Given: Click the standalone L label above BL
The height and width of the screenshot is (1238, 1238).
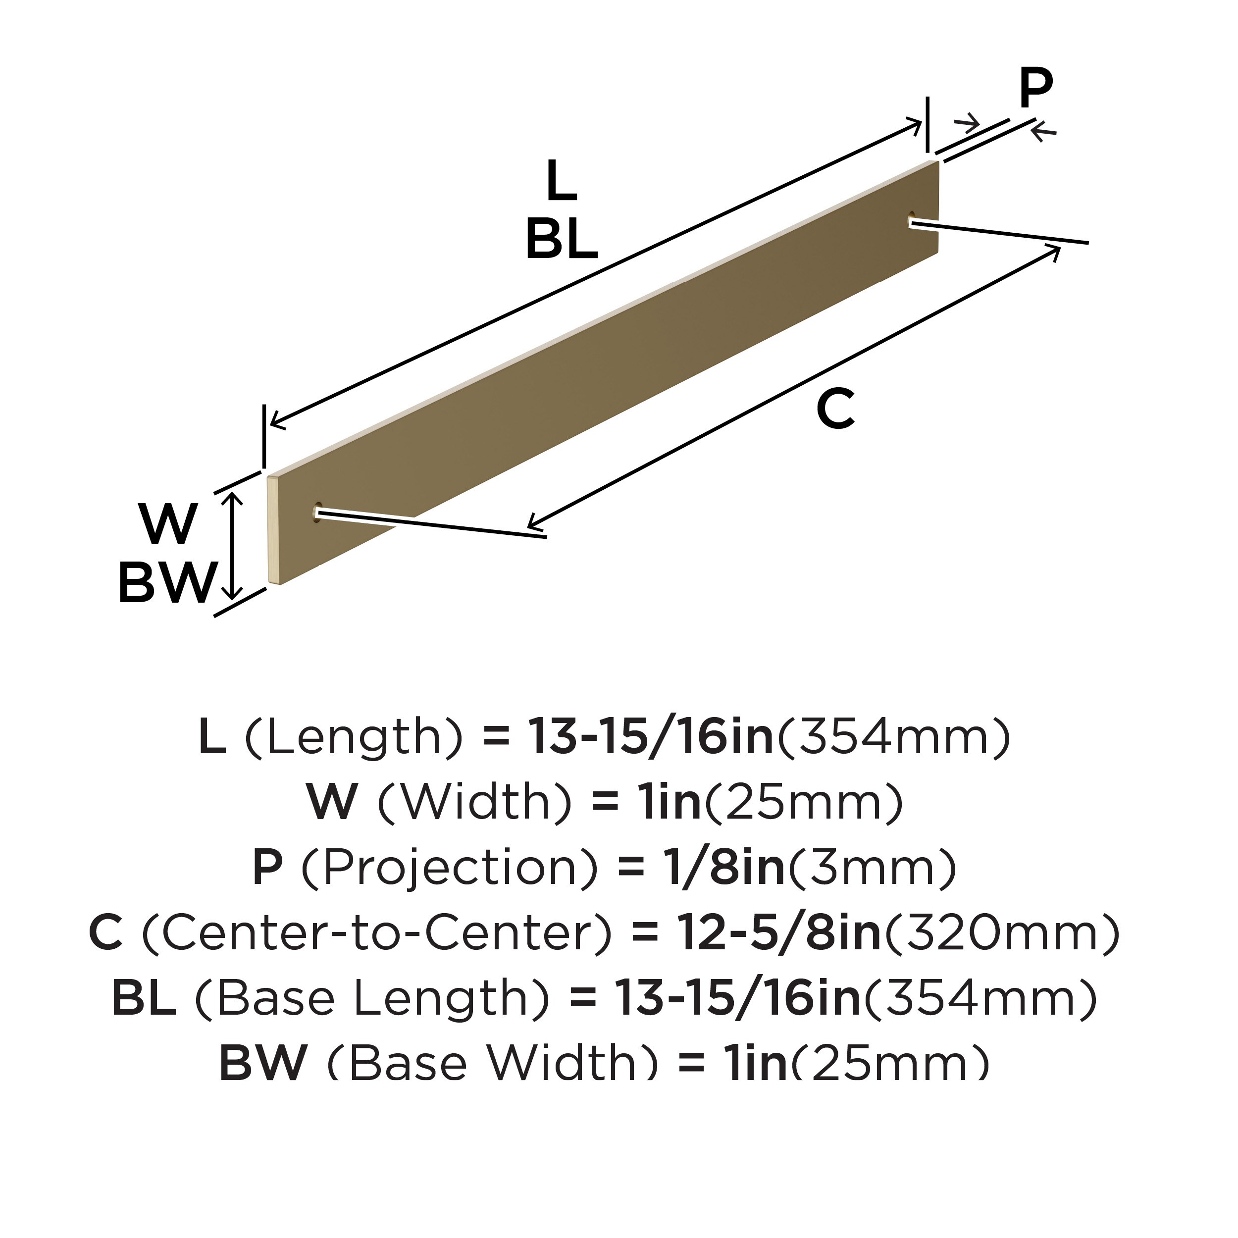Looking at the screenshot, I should [562, 181].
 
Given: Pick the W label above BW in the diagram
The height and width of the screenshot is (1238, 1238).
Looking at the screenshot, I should [168, 524].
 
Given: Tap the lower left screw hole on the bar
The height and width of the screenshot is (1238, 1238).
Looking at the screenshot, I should [316, 512].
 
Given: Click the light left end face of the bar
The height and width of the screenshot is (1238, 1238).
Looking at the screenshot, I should [272, 530].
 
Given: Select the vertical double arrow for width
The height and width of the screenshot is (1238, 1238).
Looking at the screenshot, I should [235, 545].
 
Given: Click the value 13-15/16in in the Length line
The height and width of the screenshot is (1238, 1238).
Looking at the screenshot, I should [650, 737].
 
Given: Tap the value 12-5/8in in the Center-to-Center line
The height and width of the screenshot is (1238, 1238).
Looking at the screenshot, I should [778, 933].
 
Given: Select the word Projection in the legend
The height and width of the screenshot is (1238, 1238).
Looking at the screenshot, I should [449, 868].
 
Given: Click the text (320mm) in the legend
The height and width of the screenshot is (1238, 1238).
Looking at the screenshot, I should [1002, 933].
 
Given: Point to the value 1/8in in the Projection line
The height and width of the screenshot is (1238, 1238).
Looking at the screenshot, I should [723, 868].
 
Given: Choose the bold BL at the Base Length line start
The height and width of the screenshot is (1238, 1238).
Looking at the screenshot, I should [144, 998].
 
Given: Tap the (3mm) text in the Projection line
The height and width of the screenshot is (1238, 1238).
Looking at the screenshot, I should [872, 868].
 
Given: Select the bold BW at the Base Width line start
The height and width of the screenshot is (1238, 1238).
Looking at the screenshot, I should [263, 1062].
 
